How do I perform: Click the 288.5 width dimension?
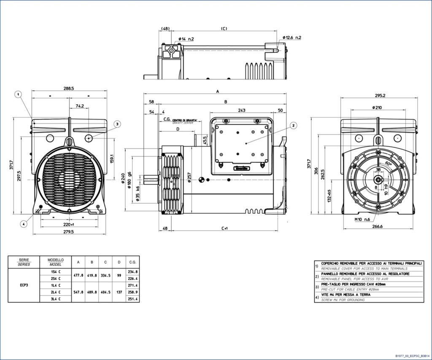(68, 89)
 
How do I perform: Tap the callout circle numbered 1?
(19, 95)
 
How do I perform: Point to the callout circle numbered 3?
(117, 124)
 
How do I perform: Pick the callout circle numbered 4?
(24, 224)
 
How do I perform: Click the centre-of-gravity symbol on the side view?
(201, 180)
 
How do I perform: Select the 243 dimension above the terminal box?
(241, 110)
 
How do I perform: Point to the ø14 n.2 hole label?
(186, 39)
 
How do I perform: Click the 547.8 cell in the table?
(78, 292)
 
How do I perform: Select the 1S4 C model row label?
(56, 272)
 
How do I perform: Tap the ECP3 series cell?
(24, 285)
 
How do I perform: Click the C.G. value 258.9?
(133, 292)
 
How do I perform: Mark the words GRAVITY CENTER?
(183, 123)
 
